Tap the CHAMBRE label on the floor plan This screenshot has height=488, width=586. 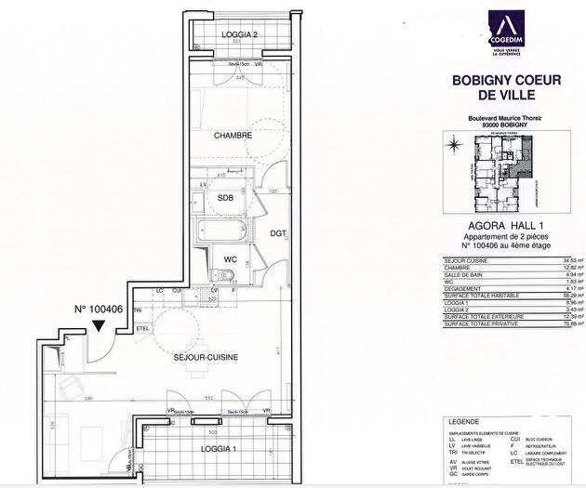click(233, 136)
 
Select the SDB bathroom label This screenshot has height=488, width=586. click(225, 198)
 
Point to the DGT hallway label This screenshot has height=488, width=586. click(277, 233)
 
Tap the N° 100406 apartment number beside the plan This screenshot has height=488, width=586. click(98, 310)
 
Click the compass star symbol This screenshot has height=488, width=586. click(454, 145)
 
